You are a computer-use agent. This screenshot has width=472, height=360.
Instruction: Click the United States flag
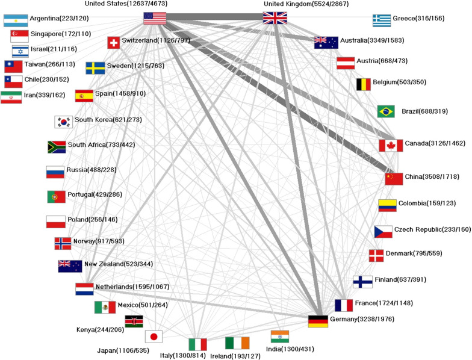[x=155, y=18]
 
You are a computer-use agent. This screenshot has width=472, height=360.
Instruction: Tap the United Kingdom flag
[x=276, y=18]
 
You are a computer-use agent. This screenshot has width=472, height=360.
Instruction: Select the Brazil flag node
[x=386, y=111]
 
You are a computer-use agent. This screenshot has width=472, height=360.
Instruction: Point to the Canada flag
[x=391, y=145]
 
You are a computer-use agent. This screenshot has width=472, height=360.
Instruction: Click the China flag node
[x=394, y=179]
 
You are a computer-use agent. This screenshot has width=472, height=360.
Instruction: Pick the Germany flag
[x=318, y=321]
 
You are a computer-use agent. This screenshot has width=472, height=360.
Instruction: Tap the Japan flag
[x=154, y=337]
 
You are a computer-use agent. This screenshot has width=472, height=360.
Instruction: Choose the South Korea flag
[x=63, y=122]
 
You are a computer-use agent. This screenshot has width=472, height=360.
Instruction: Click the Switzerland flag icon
[x=113, y=43]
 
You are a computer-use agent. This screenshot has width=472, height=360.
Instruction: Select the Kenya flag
[x=134, y=321]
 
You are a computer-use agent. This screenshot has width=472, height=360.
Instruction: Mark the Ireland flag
[x=237, y=343]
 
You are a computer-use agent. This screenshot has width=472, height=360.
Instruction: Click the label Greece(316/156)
[x=418, y=19]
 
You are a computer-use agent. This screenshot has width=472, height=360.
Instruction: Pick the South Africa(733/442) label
[x=101, y=144]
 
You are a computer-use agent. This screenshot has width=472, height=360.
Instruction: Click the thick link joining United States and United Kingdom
[x=216, y=18]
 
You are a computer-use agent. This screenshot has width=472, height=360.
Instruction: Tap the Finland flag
[x=362, y=282]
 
